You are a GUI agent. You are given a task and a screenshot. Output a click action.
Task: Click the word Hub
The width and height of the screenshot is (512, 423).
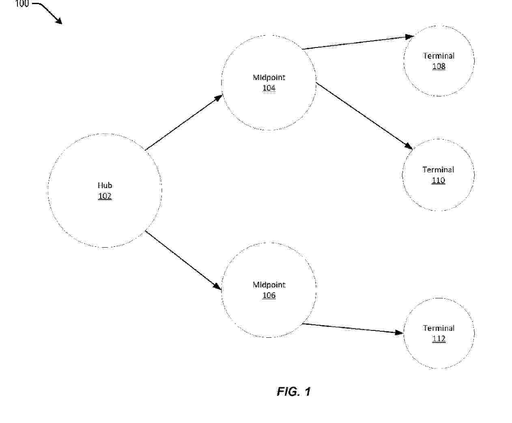pos(105,185)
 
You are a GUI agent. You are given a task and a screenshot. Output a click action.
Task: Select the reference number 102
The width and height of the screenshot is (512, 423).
pos(105,196)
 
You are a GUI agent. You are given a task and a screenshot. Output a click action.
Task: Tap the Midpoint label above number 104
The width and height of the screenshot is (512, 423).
pos(269,78)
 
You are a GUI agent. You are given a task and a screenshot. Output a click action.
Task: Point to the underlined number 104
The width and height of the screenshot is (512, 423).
pos(269,88)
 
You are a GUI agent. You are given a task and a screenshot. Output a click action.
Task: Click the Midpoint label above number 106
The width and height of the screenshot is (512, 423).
pos(269,285)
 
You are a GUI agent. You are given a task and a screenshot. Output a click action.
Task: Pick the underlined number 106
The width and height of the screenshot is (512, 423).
pos(269,295)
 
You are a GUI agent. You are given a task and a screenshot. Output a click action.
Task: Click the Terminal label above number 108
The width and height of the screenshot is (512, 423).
pos(439,56)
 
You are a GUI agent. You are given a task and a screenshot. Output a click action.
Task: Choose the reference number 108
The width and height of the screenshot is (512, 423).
pos(439,67)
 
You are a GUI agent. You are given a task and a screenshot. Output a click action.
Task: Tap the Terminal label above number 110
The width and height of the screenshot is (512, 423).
pos(439,170)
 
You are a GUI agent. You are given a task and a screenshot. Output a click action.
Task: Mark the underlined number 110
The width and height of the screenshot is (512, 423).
pos(439,181)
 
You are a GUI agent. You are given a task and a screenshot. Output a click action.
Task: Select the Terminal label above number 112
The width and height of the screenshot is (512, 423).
pos(439,328)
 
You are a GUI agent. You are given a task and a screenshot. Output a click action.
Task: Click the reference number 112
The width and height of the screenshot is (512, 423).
pos(439,339)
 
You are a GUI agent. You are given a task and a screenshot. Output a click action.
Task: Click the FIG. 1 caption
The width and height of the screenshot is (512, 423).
pos(294,391)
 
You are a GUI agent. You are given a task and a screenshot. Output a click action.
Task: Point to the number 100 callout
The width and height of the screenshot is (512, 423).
pos(22,3)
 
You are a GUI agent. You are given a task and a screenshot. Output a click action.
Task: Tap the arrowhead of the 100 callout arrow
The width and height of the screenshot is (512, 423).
pos(62,24)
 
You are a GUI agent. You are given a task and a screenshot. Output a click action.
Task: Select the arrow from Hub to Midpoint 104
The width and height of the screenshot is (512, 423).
pos(184,123)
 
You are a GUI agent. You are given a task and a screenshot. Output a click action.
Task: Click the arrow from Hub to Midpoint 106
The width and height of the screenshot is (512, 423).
pos(183,260)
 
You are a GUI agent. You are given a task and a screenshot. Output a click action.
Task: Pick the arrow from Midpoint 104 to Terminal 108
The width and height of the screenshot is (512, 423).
pos(358,43)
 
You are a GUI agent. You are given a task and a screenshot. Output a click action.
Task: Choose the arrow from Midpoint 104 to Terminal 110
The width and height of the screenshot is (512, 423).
pos(364,116)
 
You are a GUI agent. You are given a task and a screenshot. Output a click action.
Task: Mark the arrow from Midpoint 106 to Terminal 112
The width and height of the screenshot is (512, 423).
pos(353,328)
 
